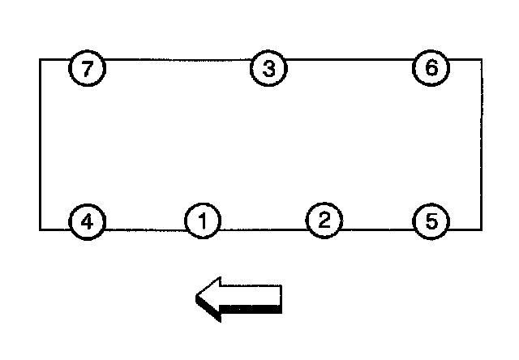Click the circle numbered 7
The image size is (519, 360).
[x=88, y=68]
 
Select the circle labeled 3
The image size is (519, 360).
[x=268, y=68]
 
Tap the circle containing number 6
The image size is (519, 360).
[x=431, y=67]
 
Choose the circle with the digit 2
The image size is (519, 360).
[x=324, y=220]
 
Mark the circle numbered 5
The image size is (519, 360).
[x=430, y=221]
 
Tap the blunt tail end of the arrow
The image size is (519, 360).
[x=280, y=298]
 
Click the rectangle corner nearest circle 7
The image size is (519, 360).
[x=41, y=59]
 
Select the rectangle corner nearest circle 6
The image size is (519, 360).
[x=481, y=59]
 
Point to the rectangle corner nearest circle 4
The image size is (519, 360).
[x=41, y=229]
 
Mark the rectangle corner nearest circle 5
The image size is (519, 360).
[x=481, y=229]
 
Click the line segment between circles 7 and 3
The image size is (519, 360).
[x=178, y=59]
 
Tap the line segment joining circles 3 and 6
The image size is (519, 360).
[x=349, y=59]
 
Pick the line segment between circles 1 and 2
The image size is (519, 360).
[x=263, y=229]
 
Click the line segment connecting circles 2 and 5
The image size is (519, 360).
[x=376, y=229]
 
